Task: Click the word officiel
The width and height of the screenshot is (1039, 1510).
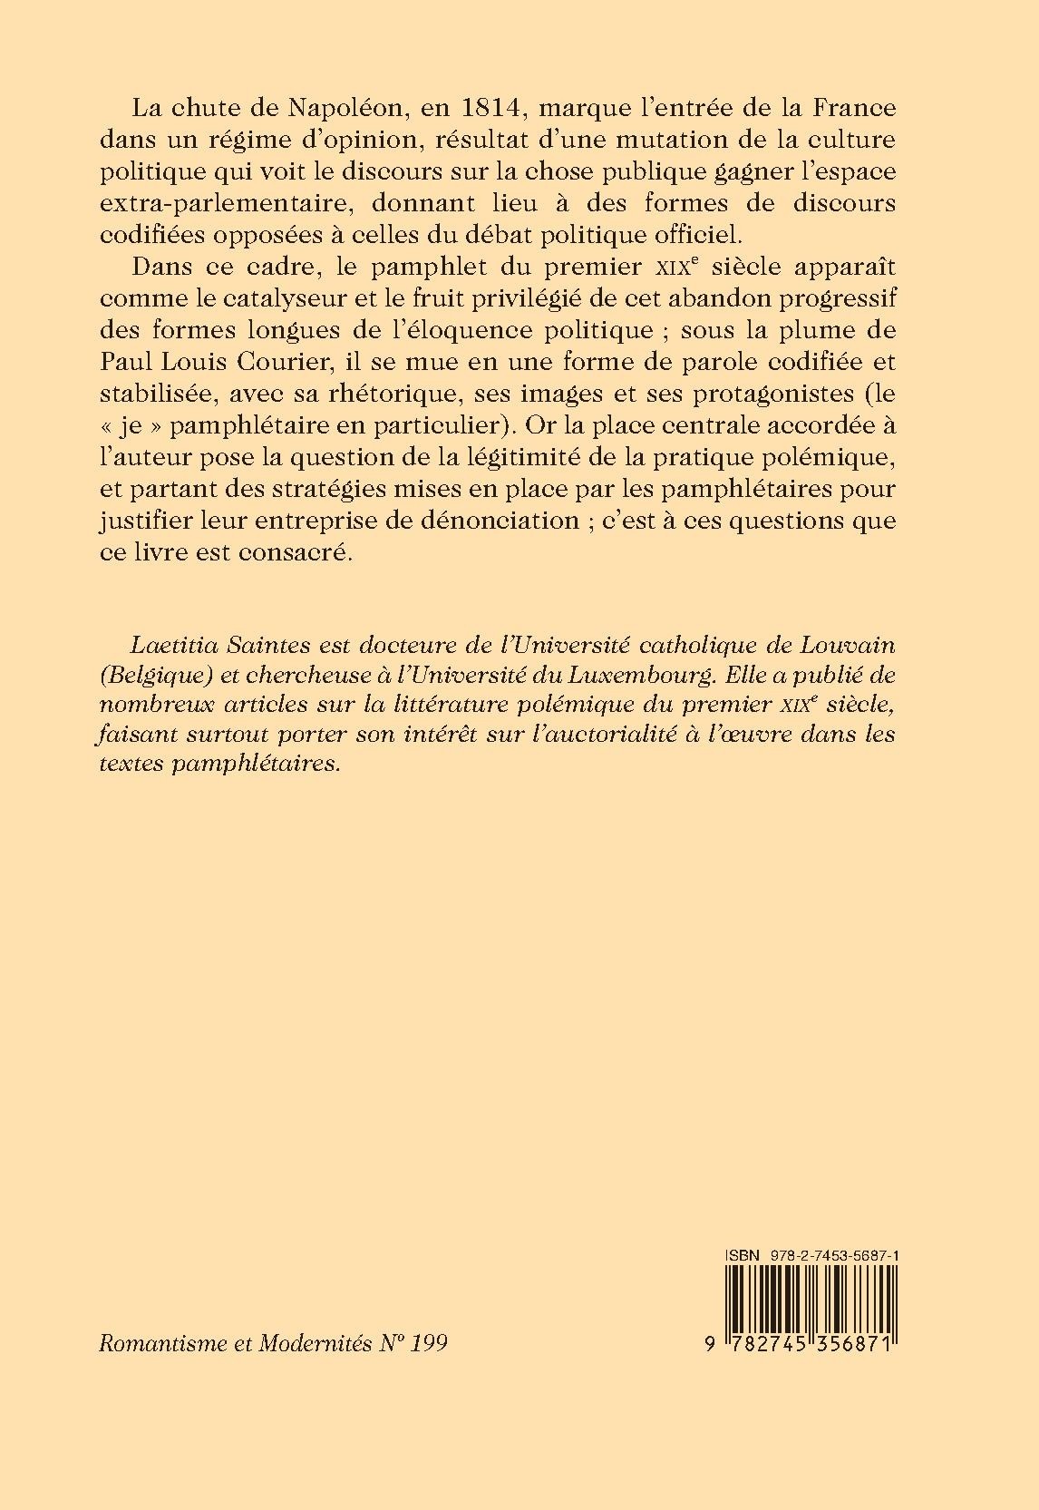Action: (687, 233)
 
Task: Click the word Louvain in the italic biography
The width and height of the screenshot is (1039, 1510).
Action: (849, 646)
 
